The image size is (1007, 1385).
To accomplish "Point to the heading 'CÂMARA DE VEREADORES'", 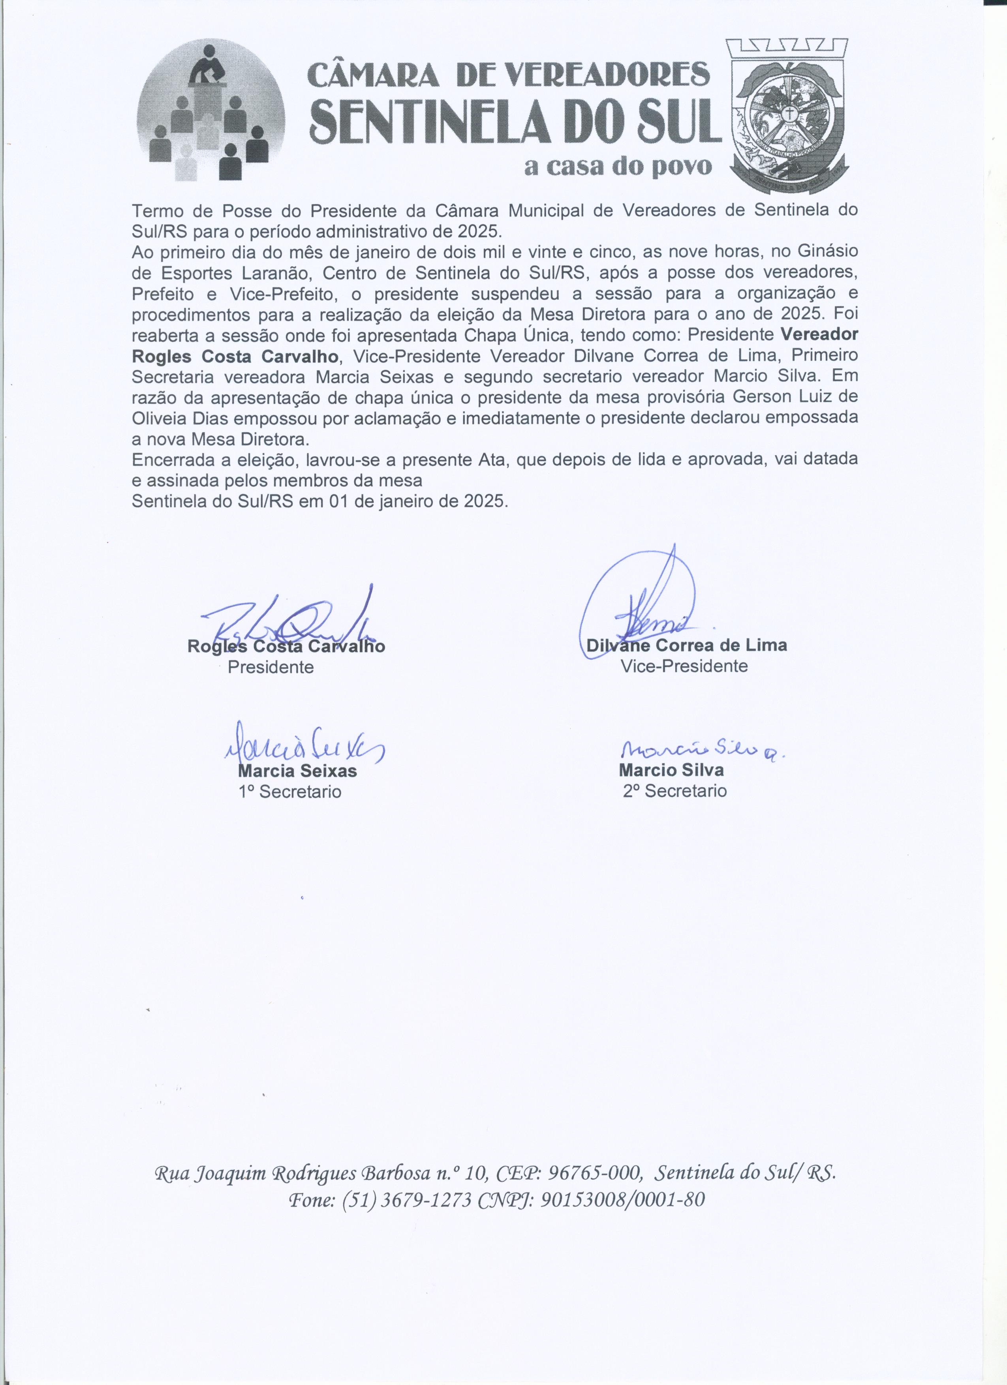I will click(x=508, y=75).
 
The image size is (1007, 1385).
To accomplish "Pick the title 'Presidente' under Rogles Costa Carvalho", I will click(x=271, y=667).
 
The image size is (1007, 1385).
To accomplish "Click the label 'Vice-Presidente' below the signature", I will click(x=684, y=666).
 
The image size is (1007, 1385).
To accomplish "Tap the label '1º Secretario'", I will click(x=289, y=792).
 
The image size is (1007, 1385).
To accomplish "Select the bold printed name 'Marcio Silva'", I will click(x=671, y=770).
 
